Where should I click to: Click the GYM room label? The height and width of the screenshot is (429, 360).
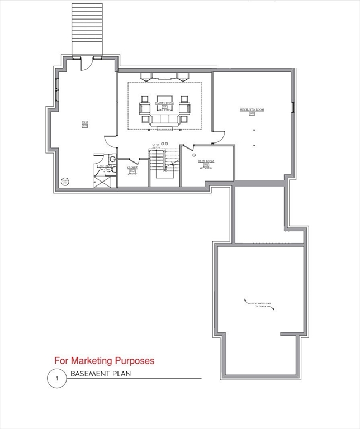(x=85, y=124)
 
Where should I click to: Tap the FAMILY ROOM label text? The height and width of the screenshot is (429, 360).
(x=164, y=104)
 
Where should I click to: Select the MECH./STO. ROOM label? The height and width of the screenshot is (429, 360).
(x=252, y=111)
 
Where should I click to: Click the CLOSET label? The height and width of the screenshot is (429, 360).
(x=132, y=168)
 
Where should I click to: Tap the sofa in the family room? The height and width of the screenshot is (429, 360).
(x=164, y=120)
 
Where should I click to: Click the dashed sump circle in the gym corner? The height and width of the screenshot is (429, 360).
(x=65, y=182)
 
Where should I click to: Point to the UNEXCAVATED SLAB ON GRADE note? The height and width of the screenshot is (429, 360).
(x=258, y=305)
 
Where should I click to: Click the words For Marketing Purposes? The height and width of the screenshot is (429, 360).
(x=104, y=361)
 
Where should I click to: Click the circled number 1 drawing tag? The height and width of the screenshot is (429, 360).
(x=56, y=378)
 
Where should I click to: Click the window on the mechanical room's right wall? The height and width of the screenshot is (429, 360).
(x=292, y=107)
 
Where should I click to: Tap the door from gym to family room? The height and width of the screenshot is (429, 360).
(x=110, y=142)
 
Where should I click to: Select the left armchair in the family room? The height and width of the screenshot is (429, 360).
(x=145, y=109)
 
